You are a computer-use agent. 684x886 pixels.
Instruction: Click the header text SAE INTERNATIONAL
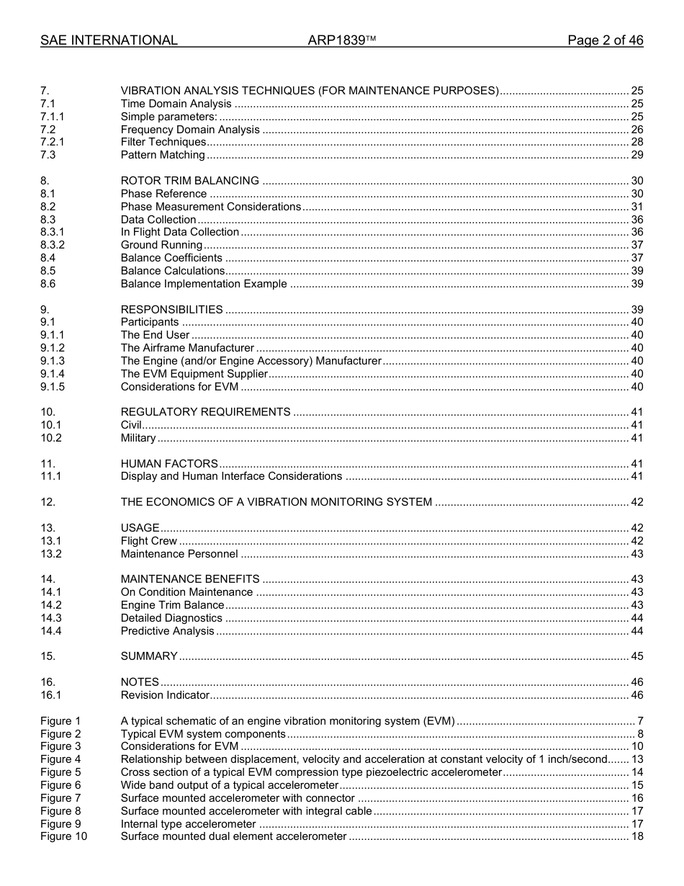(x=109, y=40)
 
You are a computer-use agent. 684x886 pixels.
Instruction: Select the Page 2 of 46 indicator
(x=605, y=40)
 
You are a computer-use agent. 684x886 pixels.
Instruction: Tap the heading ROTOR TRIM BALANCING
(x=189, y=181)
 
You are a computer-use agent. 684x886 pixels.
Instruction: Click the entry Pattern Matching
(x=163, y=155)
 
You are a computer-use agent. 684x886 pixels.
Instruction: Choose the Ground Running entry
(x=161, y=246)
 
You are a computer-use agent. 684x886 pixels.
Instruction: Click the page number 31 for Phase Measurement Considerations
(x=636, y=207)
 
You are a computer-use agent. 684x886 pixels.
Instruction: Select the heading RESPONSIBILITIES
(x=171, y=310)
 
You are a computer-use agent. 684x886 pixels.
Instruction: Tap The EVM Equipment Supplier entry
(x=194, y=374)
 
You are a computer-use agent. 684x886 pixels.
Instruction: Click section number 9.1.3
(x=53, y=361)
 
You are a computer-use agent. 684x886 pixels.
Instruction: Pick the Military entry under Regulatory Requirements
(x=138, y=438)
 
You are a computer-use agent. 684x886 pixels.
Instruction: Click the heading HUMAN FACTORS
(x=169, y=464)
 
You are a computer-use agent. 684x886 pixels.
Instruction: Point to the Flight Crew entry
(x=148, y=541)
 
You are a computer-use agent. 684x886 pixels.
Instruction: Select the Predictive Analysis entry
(x=167, y=631)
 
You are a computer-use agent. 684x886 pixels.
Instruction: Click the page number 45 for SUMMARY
(x=636, y=656)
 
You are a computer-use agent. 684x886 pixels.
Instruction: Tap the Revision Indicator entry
(x=165, y=695)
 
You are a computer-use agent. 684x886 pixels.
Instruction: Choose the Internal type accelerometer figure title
(x=188, y=824)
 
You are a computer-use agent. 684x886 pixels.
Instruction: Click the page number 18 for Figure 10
(x=636, y=836)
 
